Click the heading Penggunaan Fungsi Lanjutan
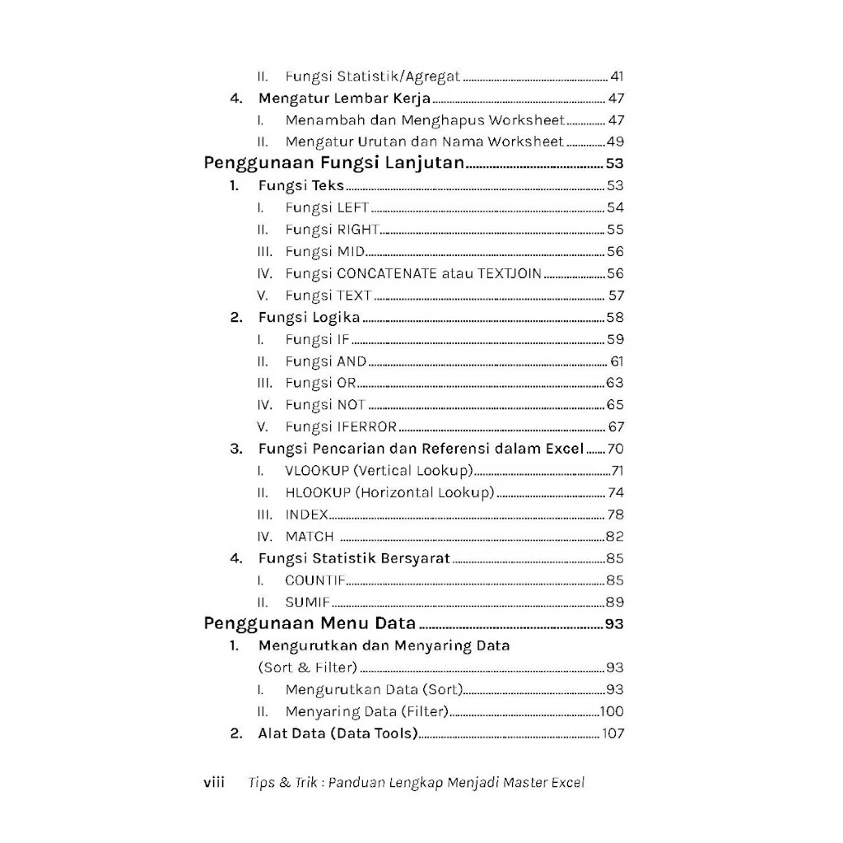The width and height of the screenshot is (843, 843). pos(334,163)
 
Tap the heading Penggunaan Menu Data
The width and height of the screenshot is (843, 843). pos(310,623)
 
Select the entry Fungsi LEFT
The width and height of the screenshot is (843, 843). pos(328,207)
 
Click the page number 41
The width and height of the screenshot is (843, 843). pos(617,77)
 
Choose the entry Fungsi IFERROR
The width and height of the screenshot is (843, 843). pos(342,426)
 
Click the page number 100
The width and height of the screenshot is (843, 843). pos(612,711)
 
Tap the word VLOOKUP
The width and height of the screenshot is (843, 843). pos(318,471)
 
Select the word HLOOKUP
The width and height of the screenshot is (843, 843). pos(318,492)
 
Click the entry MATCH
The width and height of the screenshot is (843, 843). pos(310,537)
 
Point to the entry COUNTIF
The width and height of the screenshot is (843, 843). pos(315,580)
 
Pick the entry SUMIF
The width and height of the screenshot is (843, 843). pos(307,602)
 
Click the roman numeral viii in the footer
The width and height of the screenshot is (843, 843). pos(214,782)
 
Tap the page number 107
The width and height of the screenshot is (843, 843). pos(613,734)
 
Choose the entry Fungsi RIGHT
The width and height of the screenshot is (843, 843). pos(332,230)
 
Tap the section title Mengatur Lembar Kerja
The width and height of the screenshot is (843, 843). pos(344,98)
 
